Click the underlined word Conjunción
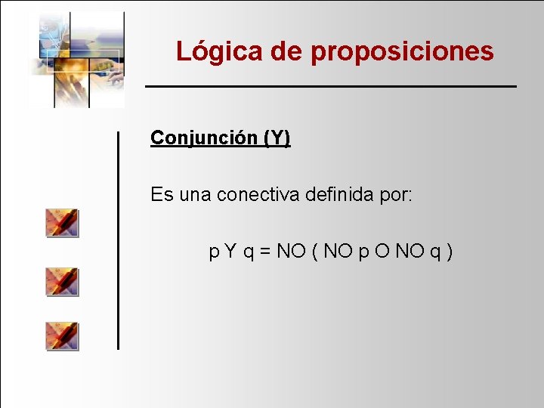pyautogui.click(x=203, y=138)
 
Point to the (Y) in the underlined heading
pyautogui.click(x=277, y=138)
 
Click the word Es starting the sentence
pyautogui.click(x=162, y=195)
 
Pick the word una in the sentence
pyautogui.click(x=196, y=195)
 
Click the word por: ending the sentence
pyautogui.click(x=396, y=195)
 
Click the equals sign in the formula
pyautogui.click(x=265, y=251)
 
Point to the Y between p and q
pyautogui.click(x=230, y=251)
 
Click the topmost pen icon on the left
pyautogui.click(x=62, y=223)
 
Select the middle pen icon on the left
pyautogui.click(x=62, y=280)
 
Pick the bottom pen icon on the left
pyautogui.click(x=62, y=335)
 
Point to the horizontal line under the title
pyautogui.click(x=331, y=87)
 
